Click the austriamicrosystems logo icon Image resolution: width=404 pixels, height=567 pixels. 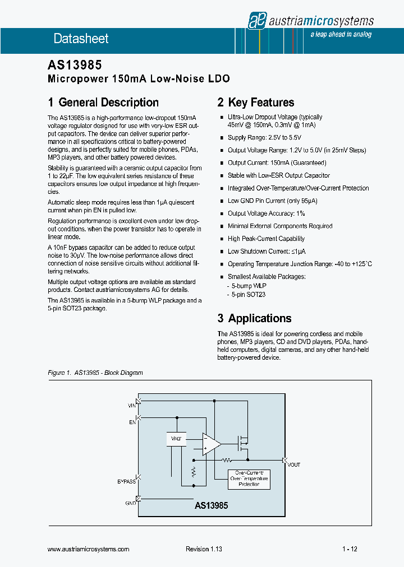[256, 20]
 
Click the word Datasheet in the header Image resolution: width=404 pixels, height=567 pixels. [81, 39]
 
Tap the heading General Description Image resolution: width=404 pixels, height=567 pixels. [103, 103]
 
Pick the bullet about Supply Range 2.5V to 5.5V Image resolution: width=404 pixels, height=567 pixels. [264, 137]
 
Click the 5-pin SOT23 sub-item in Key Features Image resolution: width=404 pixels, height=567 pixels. [246, 295]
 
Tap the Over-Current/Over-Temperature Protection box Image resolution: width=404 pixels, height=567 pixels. [249, 478]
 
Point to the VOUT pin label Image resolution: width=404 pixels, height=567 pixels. [294, 465]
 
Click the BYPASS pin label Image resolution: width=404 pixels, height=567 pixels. [126, 481]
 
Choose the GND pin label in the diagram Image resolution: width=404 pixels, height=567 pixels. [130, 503]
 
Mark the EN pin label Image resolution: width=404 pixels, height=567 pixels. [132, 422]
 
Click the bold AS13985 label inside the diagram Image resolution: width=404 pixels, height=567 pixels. [212, 505]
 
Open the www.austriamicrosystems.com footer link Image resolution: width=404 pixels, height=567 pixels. [89, 550]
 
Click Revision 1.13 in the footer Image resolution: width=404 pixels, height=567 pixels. [204, 550]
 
